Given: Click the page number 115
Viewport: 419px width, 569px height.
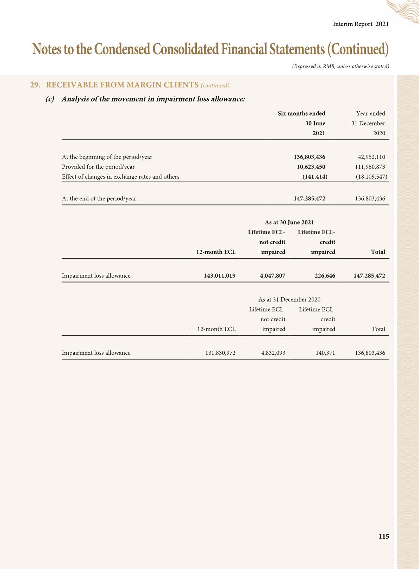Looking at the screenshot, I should (x=384, y=537).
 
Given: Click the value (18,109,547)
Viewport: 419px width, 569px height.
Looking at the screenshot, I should (x=371, y=177).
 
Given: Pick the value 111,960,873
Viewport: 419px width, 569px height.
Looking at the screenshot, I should (x=370, y=167).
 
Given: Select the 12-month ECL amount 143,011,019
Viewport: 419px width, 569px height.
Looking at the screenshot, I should (x=220, y=276).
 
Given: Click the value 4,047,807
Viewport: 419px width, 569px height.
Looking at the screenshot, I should (x=273, y=276).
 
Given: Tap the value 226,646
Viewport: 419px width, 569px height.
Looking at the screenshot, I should (x=325, y=276).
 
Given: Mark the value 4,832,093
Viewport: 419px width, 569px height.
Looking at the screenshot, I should (x=273, y=353).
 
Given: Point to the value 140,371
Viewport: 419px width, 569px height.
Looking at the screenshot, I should (x=325, y=353).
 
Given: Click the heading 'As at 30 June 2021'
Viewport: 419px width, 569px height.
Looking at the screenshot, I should (x=289, y=222).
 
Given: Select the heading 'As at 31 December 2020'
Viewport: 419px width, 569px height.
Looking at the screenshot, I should (x=289, y=299).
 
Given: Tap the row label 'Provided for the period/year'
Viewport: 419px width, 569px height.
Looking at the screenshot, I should (x=98, y=167).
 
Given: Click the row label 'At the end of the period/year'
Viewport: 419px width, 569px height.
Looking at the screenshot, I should (x=99, y=198).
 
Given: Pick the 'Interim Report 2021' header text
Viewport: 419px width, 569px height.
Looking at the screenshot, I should (x=361, y=24).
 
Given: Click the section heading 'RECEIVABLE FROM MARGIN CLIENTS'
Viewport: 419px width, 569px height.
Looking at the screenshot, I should (x=122, y=85).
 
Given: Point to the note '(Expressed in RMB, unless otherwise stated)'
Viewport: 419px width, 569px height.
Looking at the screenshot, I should (x=340, y=66).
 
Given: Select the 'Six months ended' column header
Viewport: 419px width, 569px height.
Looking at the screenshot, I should (x=301, y=113).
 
